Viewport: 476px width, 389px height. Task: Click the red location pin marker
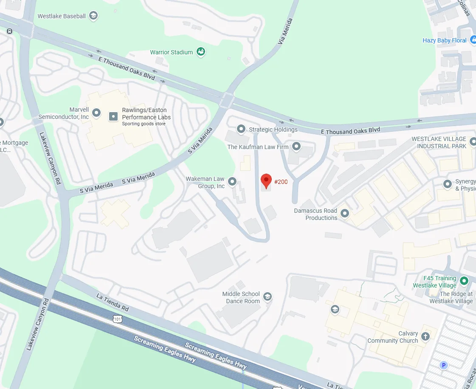click(266, 180)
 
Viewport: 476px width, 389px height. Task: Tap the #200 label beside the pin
click(281, 182)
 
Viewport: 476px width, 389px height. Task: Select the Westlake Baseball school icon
click(93, 16)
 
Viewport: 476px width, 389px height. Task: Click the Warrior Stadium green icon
click(201, 52)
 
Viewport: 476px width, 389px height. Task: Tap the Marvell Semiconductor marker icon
click(97, 113)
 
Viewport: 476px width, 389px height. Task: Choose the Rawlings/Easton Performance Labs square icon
click(113, 116)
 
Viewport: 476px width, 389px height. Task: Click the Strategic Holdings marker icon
click(241, 128)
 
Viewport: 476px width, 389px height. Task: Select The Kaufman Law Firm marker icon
click(296, 147)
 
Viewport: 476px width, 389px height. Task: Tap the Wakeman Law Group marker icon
click(232, 182)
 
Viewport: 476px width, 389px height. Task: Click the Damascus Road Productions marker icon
click(345, 213)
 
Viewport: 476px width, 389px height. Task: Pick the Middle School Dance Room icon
click(267, 296)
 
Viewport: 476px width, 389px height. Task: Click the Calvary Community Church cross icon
click(425, 337)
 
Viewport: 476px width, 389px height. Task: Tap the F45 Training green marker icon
click(464, 281)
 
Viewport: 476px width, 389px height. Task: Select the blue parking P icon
click(444, 365)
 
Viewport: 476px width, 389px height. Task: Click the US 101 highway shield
click(118, 319)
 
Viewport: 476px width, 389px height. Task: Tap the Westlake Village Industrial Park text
click(439, 142)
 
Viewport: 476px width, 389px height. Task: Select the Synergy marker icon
click(447, 184)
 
